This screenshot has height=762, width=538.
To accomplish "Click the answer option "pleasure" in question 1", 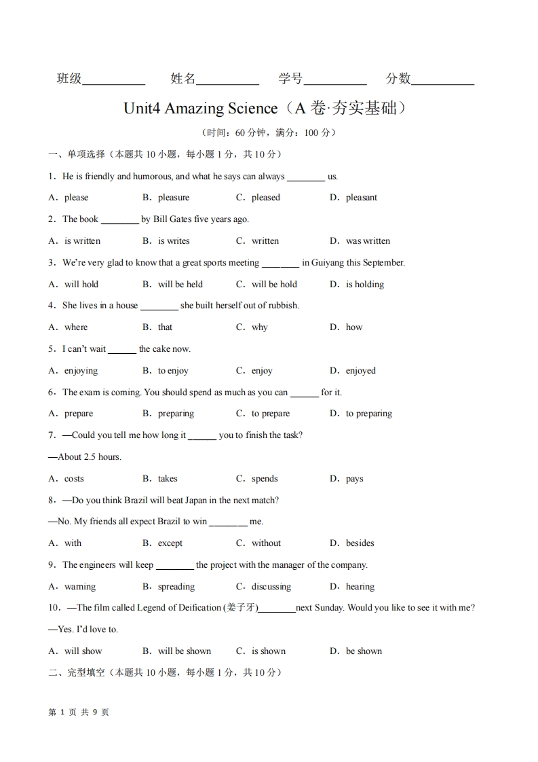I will click(173, 198).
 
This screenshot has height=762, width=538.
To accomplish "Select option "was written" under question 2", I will click(368, 241).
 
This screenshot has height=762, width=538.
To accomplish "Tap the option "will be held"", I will click(180, 285).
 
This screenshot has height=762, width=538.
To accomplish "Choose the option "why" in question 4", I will click(259, 327).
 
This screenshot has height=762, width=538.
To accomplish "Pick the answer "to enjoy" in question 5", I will click(173, 371).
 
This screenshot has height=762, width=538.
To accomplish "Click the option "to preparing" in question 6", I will click(368, 414).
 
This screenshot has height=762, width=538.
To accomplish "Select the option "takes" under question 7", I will click(168, 479).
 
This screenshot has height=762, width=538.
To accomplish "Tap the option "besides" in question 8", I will click(360, 543).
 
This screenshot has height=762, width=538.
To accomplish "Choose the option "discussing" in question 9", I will click(271, 587).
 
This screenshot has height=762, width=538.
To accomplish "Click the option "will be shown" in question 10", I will click(185, 651).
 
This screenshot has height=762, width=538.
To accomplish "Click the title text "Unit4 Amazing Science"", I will click(201, 109).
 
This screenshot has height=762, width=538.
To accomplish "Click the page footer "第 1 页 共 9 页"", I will click(79, 712).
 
